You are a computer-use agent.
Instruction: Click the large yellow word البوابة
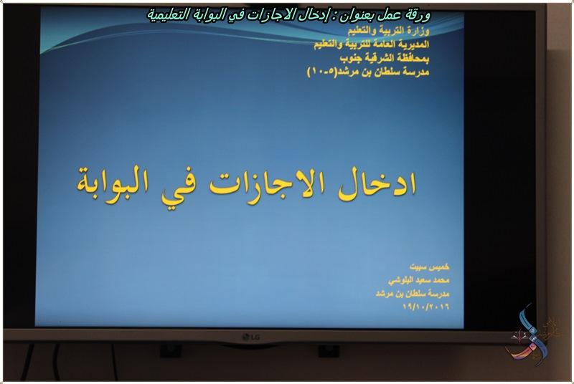(x=113, y=180)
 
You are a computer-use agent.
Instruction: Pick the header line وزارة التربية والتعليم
(x=388, y=31)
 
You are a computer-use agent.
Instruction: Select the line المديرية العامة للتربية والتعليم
(x=372, y=44)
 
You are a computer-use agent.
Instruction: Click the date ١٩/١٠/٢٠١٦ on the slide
(x=425, y=307)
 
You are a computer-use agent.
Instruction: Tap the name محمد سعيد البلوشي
(x=418, y=280)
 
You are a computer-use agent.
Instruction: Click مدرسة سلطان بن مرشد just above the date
(x=412, y=294)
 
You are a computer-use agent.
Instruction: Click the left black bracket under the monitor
(x=171, y=350)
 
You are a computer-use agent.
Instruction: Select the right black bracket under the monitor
(x=329, y=350)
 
